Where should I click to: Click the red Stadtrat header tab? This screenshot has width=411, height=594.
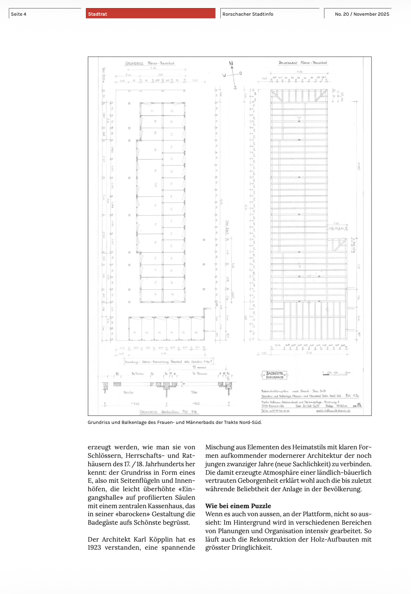pos(150,14)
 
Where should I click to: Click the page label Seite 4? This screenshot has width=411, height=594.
pos(19,14)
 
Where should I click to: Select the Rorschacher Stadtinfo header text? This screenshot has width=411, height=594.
pos(248,14)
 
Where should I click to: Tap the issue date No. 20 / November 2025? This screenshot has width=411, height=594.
pos(362,14)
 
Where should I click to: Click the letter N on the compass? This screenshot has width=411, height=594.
pos(231,63)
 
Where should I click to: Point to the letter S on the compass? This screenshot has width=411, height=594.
pos(235,87)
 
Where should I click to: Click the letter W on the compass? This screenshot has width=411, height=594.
pos(224,75)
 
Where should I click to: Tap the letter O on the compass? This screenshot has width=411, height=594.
pos(241,73)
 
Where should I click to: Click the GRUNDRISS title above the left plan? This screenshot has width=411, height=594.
pos(134,63)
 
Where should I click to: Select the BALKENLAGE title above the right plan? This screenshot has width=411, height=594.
pos(288,63)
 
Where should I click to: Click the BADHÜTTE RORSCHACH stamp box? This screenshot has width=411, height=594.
pos(275,375)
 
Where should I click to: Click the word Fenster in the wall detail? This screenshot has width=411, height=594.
pos(129,392)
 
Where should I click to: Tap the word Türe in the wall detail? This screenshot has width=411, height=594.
pos(194,392)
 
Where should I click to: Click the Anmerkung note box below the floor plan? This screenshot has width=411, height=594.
pos(168,362)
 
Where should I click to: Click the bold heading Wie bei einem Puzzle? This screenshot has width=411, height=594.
pos(238,506)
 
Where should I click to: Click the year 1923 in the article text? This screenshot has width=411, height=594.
pos(94,548)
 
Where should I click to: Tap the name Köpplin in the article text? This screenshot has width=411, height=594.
pos(161,539)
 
